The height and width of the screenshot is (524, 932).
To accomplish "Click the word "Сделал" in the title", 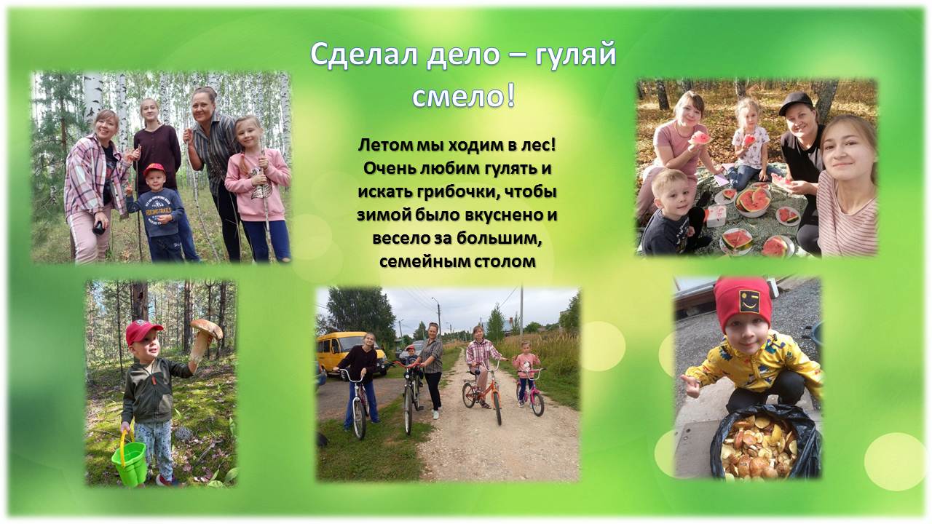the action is (363, 55).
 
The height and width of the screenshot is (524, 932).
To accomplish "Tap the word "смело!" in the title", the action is (464, 96).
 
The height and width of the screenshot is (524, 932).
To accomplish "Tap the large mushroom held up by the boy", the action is (205, 338).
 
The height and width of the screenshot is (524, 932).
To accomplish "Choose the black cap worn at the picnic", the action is (796, 103).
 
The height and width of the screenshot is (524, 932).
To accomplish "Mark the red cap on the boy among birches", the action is (154, 169).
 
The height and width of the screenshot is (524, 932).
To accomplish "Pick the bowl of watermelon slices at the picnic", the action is (753, 202).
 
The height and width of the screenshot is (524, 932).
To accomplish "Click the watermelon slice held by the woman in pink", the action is (700, 138).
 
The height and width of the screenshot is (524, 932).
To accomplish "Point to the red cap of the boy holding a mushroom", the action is (143, 330).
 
